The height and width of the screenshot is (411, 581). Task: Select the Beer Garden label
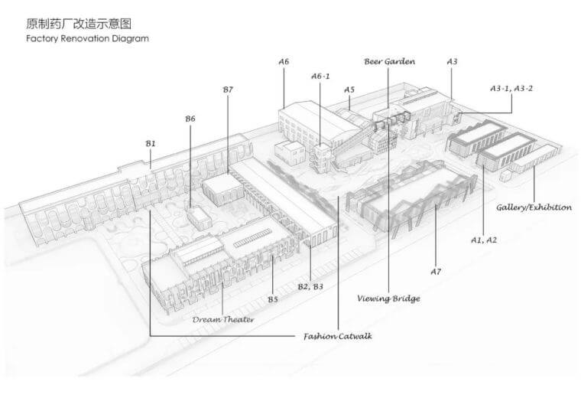pyautogui.click(x=389, y=61)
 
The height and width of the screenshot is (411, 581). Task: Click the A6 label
pyautogui.click(x=284, y=61)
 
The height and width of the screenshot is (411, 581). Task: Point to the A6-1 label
pyautogui.click(x=321, y=76)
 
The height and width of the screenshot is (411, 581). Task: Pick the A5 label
pyautogui.click(x=349, y=90)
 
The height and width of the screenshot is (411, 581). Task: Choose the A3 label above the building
pyautogui.click(x=452, y=61)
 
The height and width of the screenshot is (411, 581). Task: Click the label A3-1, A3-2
pyautogui.click(x=511, y=89)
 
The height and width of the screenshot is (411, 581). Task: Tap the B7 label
pyautogui.click(x=227, y=90)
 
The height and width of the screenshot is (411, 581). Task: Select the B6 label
pyautogui.click(x=190, y=119)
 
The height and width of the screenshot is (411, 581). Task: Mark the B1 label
pyautogui.click(x=151, y=143)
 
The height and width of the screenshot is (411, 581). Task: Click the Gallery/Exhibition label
pyautogui.click(x=534, y=207)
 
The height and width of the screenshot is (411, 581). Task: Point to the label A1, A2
pyautogui.click(x=484, y=240)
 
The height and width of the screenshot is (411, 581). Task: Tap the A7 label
pyautogui.click(x=436, y=271)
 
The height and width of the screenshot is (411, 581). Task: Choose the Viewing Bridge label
pyautogui.click(x=388, y=298)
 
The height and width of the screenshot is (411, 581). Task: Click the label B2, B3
pyautogui.click(x=310, y=286)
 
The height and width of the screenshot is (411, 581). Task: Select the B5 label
pyautogui.click(x=273, y=298)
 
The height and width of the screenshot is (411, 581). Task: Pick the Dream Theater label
pyautogui.click(x=223, y=319)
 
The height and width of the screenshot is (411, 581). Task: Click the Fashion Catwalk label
pyautogui.click(x=337, y=336)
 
